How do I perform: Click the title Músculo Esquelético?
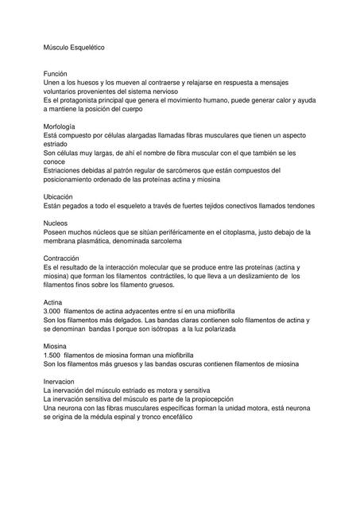click(73, 48)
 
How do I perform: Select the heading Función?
click(56, 73)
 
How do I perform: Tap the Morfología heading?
click(60, 126)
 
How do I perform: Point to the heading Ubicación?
click(59, 196)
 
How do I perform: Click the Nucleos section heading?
click(56, 223)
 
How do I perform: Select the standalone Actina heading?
click(53, 302)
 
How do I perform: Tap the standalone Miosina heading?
click(56, 346)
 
